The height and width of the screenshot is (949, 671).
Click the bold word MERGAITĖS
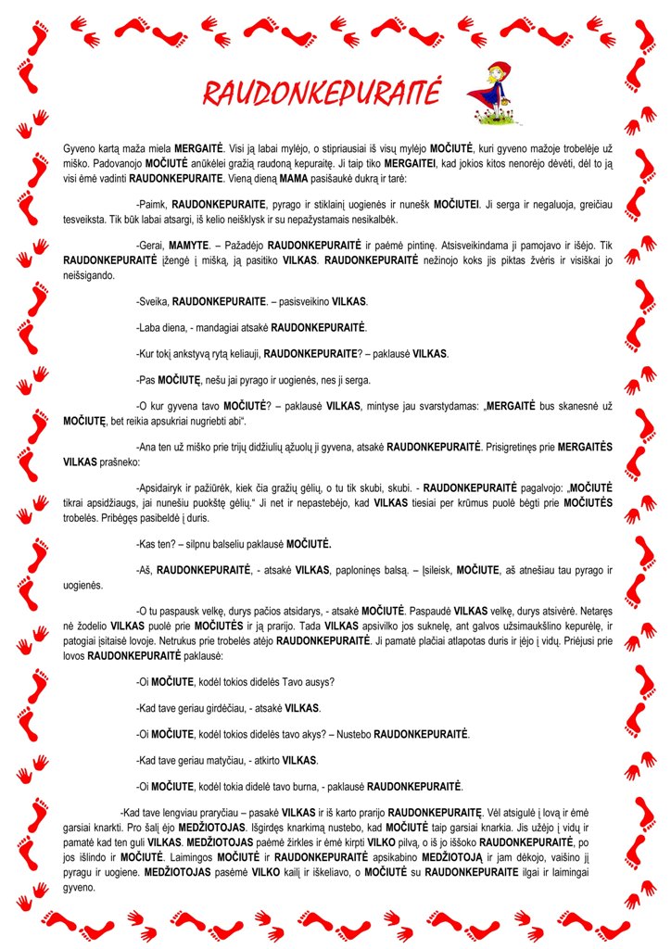(x=585, y=447)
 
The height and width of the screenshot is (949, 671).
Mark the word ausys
(x=318, y=682)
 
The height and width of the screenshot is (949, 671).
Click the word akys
(x=310, y=734)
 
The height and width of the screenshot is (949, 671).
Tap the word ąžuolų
(x=295, y=447)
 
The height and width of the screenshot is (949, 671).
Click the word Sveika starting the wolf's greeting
(x=154, y=302)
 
